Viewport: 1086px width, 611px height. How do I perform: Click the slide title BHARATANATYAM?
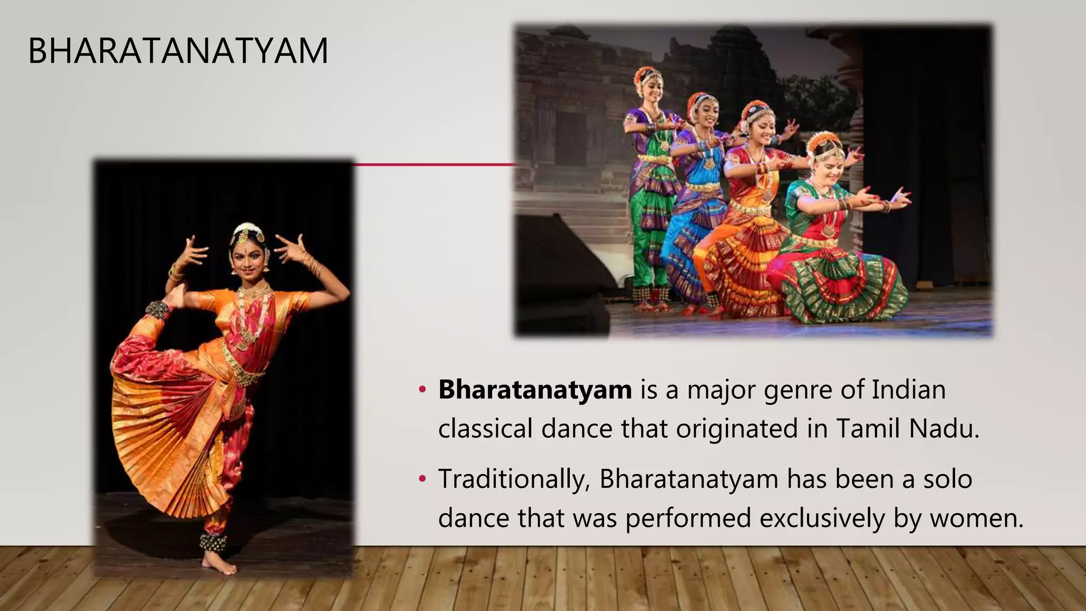(178, 51)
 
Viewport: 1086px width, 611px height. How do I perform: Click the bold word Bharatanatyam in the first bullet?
(535, 390)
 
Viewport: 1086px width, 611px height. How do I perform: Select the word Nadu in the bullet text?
(944, 429)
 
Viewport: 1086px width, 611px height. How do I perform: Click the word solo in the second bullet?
(948, 479)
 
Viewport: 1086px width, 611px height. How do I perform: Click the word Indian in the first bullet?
(909, 390)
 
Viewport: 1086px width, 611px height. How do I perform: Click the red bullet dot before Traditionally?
(422, 479)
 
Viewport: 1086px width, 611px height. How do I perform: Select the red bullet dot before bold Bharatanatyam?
(422, 390)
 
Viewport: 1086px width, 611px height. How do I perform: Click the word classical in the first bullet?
(485, 429)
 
